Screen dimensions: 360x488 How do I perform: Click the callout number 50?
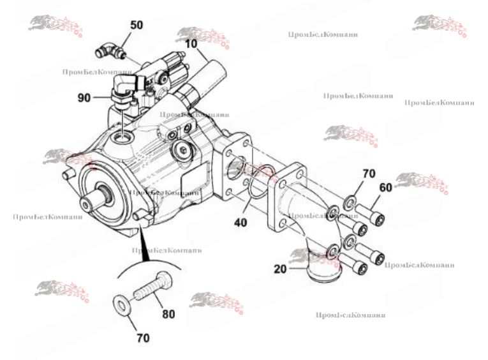pos(137,25)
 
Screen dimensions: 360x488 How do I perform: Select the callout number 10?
pos(191,44)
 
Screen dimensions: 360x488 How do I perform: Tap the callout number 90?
pos(84,97)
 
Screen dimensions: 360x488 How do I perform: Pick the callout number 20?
pos(281,269)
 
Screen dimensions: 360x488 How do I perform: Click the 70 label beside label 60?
pos(369,174)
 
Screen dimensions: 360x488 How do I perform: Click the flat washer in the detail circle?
pos(122,304)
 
